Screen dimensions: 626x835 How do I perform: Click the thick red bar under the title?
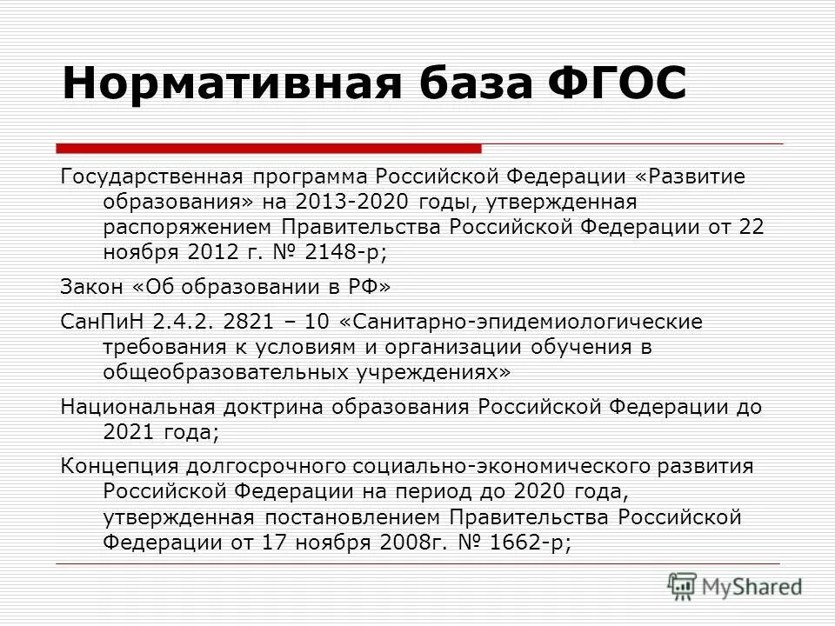(268, 147)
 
